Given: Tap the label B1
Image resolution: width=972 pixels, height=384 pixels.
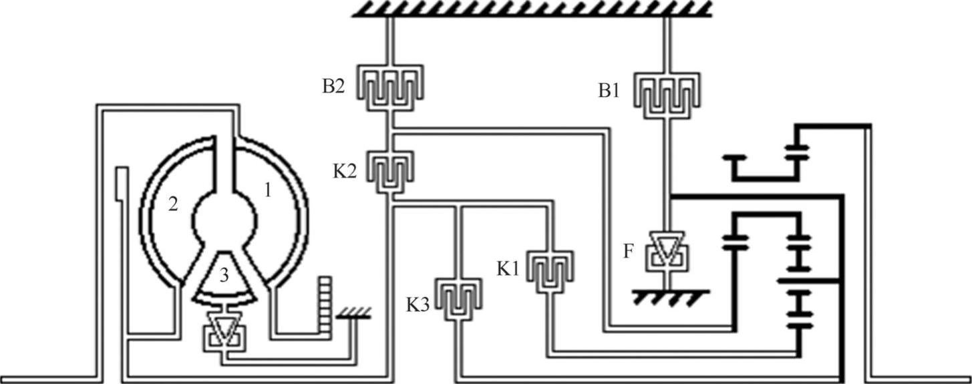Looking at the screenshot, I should click(x=609, y=91).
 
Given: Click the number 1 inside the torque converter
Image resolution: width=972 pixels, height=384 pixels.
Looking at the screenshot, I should click(x=267, y=190).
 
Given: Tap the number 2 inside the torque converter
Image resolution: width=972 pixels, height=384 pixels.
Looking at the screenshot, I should click(x=172, y=204).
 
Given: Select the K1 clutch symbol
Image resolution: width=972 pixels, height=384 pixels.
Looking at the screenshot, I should click(x=552, y=271).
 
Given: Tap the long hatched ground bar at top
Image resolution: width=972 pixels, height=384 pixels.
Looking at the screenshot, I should click(x=531, y=9).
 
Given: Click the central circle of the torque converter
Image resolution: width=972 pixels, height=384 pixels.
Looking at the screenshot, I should click(x=224, y=215).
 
